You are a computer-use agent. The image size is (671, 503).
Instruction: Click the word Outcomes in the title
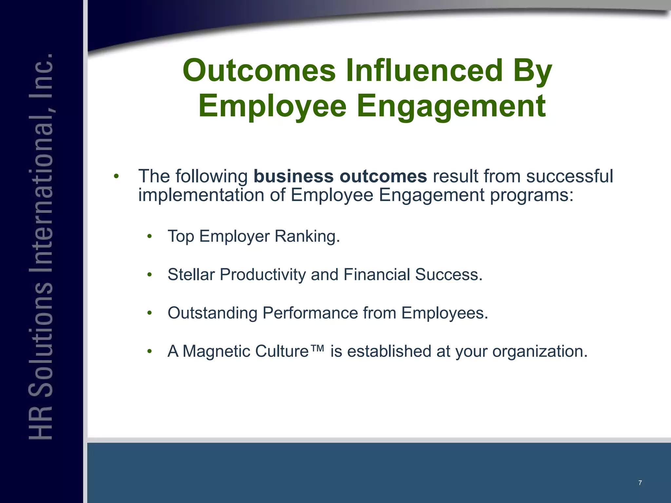click(259, 70)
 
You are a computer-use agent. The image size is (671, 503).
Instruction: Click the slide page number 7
click(640, 483)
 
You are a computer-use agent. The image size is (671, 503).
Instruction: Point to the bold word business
click(294, 176)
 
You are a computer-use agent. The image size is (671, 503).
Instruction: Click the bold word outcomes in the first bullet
click(383, 176)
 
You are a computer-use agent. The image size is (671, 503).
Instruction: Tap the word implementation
click(201, 195)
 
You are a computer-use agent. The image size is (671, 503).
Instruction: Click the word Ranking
click(307, 236)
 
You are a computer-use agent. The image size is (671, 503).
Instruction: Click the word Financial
click(376, 274)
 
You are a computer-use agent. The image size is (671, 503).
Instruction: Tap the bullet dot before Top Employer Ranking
click(150, 236)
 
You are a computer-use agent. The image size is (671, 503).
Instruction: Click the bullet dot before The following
click(116, 177)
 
